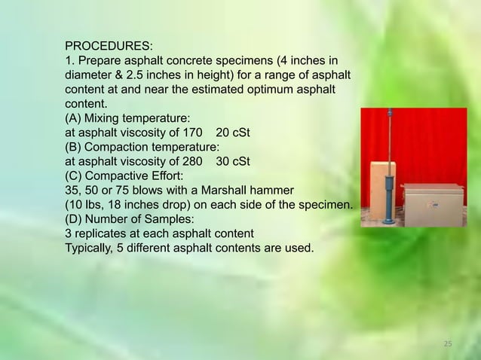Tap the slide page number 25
pos(448,344)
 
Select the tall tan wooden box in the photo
pos(375,192)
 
